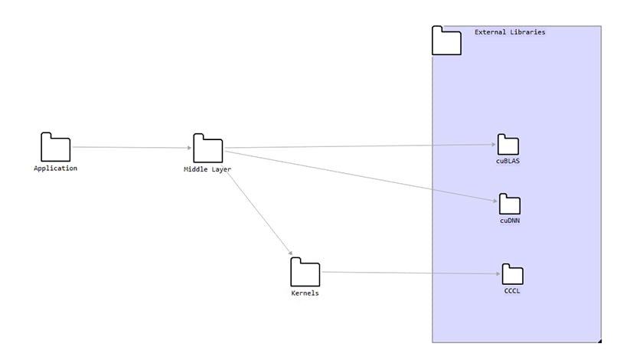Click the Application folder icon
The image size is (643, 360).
[55, 148]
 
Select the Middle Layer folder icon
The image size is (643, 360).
[207, 149]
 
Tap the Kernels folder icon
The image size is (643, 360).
[305, 273]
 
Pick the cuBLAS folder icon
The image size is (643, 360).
[508, 145]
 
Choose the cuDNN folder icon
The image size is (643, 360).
[510, 205]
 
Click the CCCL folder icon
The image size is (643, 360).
[512, 274]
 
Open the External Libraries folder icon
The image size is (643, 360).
[446, 41]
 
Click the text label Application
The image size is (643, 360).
[55, 169]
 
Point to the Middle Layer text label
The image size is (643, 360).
[207, 169]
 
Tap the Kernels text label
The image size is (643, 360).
[305, 293]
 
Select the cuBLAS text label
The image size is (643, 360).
[508, 161]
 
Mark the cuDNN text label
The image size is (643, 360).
[510, 221]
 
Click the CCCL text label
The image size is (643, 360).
[512, 290]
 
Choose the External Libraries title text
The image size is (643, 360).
[510, 32]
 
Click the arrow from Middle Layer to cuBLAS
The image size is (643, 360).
[360, 146]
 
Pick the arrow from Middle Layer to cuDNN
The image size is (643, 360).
[360, 175]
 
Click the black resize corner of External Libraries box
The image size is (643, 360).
[599, 341]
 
